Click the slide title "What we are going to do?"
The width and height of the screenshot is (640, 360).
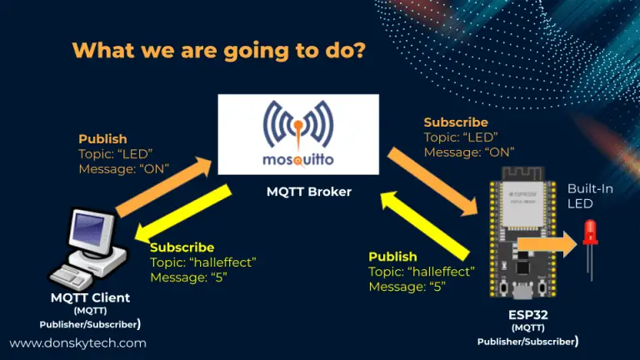[219, 51]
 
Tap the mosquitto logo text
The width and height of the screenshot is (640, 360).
[298, 159]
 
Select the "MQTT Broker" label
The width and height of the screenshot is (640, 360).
[309, 192]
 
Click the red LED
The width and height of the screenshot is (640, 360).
[590, 233]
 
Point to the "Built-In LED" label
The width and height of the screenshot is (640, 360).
[590, 197]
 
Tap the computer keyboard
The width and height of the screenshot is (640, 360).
[70, 277]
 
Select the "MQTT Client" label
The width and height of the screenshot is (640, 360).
[90, 297]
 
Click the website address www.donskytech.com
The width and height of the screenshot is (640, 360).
[78, 343]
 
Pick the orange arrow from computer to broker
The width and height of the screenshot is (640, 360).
[164, 186]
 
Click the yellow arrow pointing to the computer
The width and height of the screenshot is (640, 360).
[182, 213]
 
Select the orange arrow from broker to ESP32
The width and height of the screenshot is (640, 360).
[432, 182]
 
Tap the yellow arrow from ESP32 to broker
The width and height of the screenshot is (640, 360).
[425, 226]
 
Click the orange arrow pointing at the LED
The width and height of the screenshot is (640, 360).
[547, 244]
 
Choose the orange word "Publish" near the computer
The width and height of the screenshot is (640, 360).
[102, 139]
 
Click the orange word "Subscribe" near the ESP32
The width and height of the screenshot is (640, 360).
[456, 122]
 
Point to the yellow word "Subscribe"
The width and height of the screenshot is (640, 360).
[182, 247]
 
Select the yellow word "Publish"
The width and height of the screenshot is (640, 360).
[392, 257]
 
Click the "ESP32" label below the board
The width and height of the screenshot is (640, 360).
[528, 315]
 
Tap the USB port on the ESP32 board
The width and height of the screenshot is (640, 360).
[522, 292]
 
